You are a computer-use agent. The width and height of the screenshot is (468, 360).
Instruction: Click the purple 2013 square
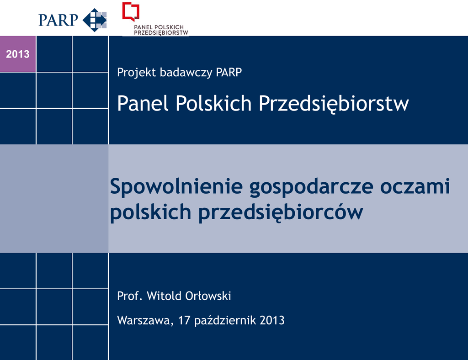pos(18,54)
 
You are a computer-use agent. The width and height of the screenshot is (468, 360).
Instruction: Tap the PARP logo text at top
pos(58,20)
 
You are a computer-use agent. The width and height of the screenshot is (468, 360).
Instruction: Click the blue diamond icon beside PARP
pos(95,20)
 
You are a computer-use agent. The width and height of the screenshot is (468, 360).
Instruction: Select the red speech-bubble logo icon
pos(131,11)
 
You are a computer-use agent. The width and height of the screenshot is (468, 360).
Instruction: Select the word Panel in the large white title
pos(144,103)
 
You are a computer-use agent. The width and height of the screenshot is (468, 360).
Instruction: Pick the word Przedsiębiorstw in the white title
pos(333,104)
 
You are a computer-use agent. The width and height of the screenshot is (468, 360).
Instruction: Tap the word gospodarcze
pos(311,187)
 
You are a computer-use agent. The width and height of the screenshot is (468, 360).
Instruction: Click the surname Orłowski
pos(208,296)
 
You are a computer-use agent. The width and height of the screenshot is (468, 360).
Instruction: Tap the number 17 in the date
pos(184,320)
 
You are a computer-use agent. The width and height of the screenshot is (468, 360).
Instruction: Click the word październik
pos(225,321)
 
